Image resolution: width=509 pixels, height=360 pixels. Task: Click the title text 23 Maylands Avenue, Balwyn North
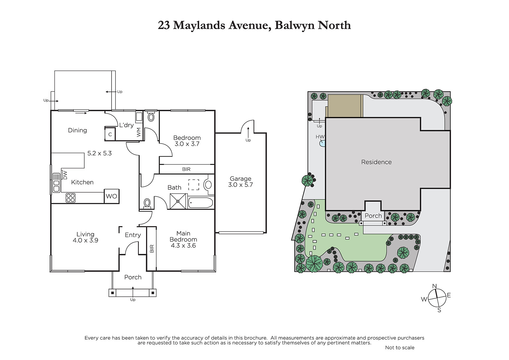(254, 25)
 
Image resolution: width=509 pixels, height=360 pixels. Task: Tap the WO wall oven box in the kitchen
(112, 196)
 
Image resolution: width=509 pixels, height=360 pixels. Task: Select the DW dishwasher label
(65, 175)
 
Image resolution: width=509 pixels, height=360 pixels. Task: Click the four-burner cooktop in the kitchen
(70, 198)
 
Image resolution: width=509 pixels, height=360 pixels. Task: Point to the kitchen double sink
(56, 183)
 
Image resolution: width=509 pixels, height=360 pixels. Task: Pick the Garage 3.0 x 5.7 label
(241, 182)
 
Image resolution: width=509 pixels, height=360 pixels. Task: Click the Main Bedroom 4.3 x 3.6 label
(183, 239)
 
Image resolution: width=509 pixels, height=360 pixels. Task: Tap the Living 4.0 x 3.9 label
(86, 237)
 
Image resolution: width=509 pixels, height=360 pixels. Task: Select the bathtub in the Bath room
(200, 202)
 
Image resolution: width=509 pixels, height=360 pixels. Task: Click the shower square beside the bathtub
(178, 201)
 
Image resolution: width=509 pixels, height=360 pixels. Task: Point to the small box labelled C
(110, 134)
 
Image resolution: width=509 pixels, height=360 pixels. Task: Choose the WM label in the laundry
(139, 132)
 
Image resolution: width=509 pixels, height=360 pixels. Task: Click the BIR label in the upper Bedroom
(186, 169)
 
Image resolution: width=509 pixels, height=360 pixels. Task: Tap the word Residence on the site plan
(376, 162)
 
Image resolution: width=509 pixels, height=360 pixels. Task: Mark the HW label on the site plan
(320, 137)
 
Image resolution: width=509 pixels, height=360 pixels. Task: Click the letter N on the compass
(434, 286)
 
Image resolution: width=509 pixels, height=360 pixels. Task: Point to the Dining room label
(77, 130)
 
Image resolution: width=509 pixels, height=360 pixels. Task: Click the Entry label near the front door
(133, 235)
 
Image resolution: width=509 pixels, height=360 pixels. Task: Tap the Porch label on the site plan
(373, 215)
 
